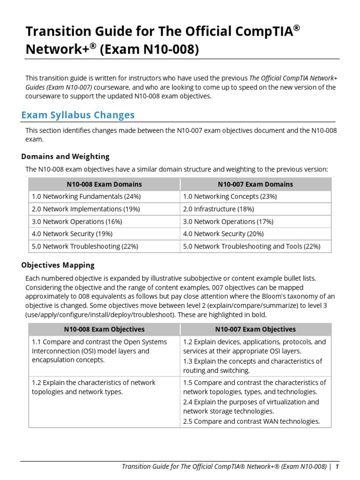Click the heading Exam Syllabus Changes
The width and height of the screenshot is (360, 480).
[78, 115]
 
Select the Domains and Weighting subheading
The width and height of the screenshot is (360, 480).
[65, 157]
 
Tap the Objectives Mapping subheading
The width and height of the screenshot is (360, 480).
[58, 265]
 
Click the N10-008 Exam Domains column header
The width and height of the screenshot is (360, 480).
[104, 184]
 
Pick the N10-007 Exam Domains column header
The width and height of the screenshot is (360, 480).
[255, 184]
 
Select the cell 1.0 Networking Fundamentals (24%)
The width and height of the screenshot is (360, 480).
[86, 196]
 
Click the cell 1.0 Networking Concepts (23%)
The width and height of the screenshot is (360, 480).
[230, 196]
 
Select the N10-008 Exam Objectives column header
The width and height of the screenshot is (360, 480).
[104, 330]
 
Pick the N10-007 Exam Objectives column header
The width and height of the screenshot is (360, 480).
[255, 330]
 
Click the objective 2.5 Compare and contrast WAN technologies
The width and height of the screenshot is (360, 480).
[251, 421]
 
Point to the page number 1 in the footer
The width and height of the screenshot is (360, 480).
[337, 466]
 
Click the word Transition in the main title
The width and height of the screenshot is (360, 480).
[53, 32]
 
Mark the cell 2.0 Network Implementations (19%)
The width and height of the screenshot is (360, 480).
[85, 209]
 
